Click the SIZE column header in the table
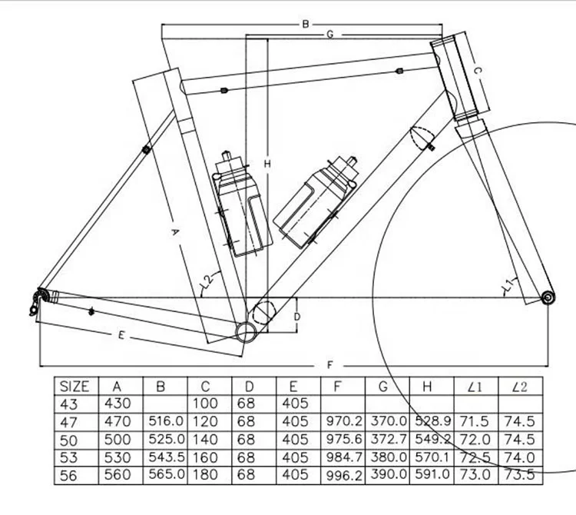(74, 386)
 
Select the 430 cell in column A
(116, 404)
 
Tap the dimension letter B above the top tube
(305, 25)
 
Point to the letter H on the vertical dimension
(267, 164)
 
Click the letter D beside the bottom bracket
(296, 316)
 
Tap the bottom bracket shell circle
(247, 332)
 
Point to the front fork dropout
(547, 297)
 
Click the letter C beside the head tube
(476, 71)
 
